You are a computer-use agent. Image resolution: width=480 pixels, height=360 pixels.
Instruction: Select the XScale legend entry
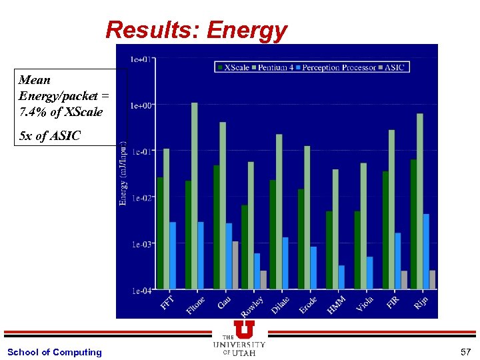click(x=233, y=67)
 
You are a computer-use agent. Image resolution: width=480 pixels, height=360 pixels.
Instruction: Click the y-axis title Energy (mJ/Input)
click(x=123, y=173)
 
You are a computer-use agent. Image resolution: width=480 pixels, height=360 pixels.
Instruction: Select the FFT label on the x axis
click(x=167, y=303)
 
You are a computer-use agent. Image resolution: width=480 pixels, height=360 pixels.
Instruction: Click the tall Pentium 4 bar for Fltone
click(x=195, y=196)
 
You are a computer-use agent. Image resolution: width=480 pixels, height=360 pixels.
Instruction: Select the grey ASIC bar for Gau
click(x=235, y=265)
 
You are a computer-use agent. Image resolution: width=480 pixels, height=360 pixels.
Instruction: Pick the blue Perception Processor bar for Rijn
click(x=426, y=251)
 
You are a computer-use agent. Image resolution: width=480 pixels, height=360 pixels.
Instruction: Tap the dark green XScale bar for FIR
click(x=385, y=230)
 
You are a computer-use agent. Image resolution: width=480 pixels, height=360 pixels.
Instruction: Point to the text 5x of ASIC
click(x=50, y=136)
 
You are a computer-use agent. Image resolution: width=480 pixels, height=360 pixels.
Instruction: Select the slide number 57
click(x=465, y=351)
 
